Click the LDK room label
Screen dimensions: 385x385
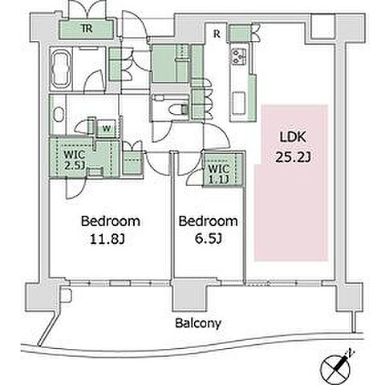coord(293,137)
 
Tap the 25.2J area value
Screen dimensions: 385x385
coord(293,157)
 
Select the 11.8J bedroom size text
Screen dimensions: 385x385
coord(107,239)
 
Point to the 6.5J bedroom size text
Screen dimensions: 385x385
coord(209,239)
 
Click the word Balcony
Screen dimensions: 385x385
coord(198,323)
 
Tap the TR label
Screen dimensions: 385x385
coord(87,28)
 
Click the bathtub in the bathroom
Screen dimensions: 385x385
coord(62,68)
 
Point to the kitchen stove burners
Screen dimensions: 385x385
coord(239,57)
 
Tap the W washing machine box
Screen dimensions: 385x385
coord(107,128)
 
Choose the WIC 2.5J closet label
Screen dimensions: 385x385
coord(75,160)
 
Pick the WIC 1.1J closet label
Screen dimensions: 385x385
coord(219,174)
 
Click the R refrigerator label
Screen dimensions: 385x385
coord(217,34)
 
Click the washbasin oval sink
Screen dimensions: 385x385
coord(58,115)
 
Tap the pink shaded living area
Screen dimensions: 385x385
coord(291,183)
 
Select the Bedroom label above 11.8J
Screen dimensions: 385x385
coord(111,221)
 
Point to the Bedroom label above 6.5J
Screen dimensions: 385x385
coord(208,221)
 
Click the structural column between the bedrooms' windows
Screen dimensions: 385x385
coord(188,296)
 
